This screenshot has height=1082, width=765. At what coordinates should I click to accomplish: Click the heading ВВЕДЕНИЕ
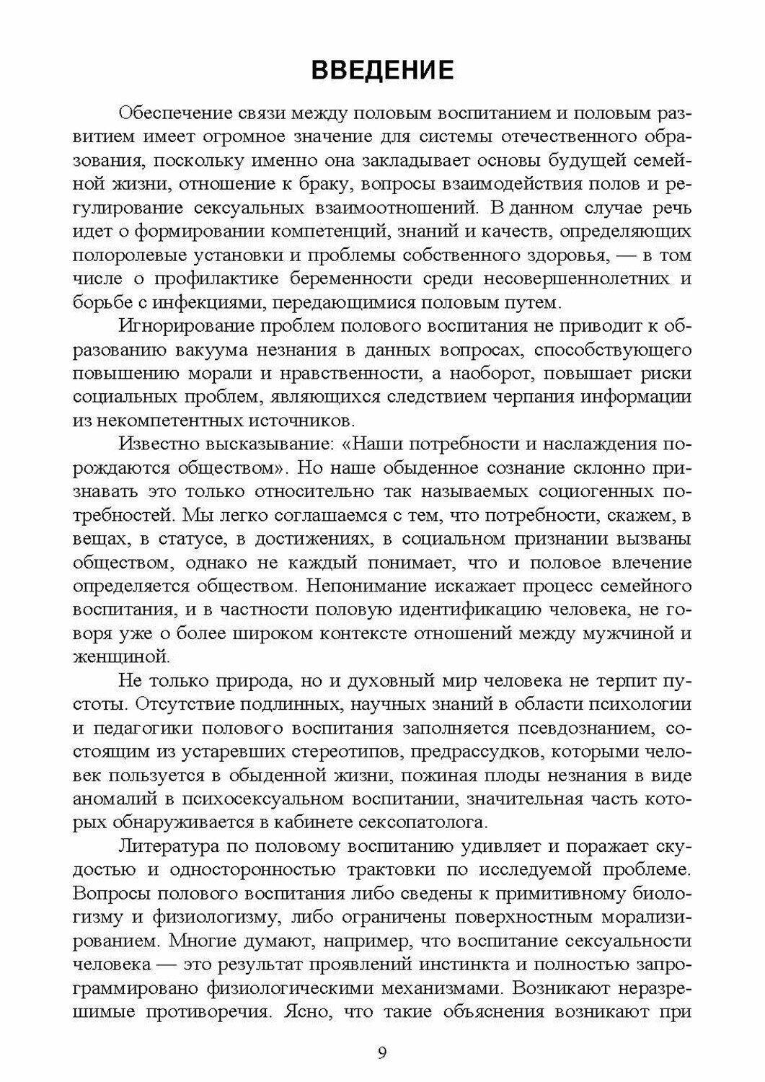[x=382, y=70]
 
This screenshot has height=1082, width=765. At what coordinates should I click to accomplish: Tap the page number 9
[x=382, y=1051]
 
